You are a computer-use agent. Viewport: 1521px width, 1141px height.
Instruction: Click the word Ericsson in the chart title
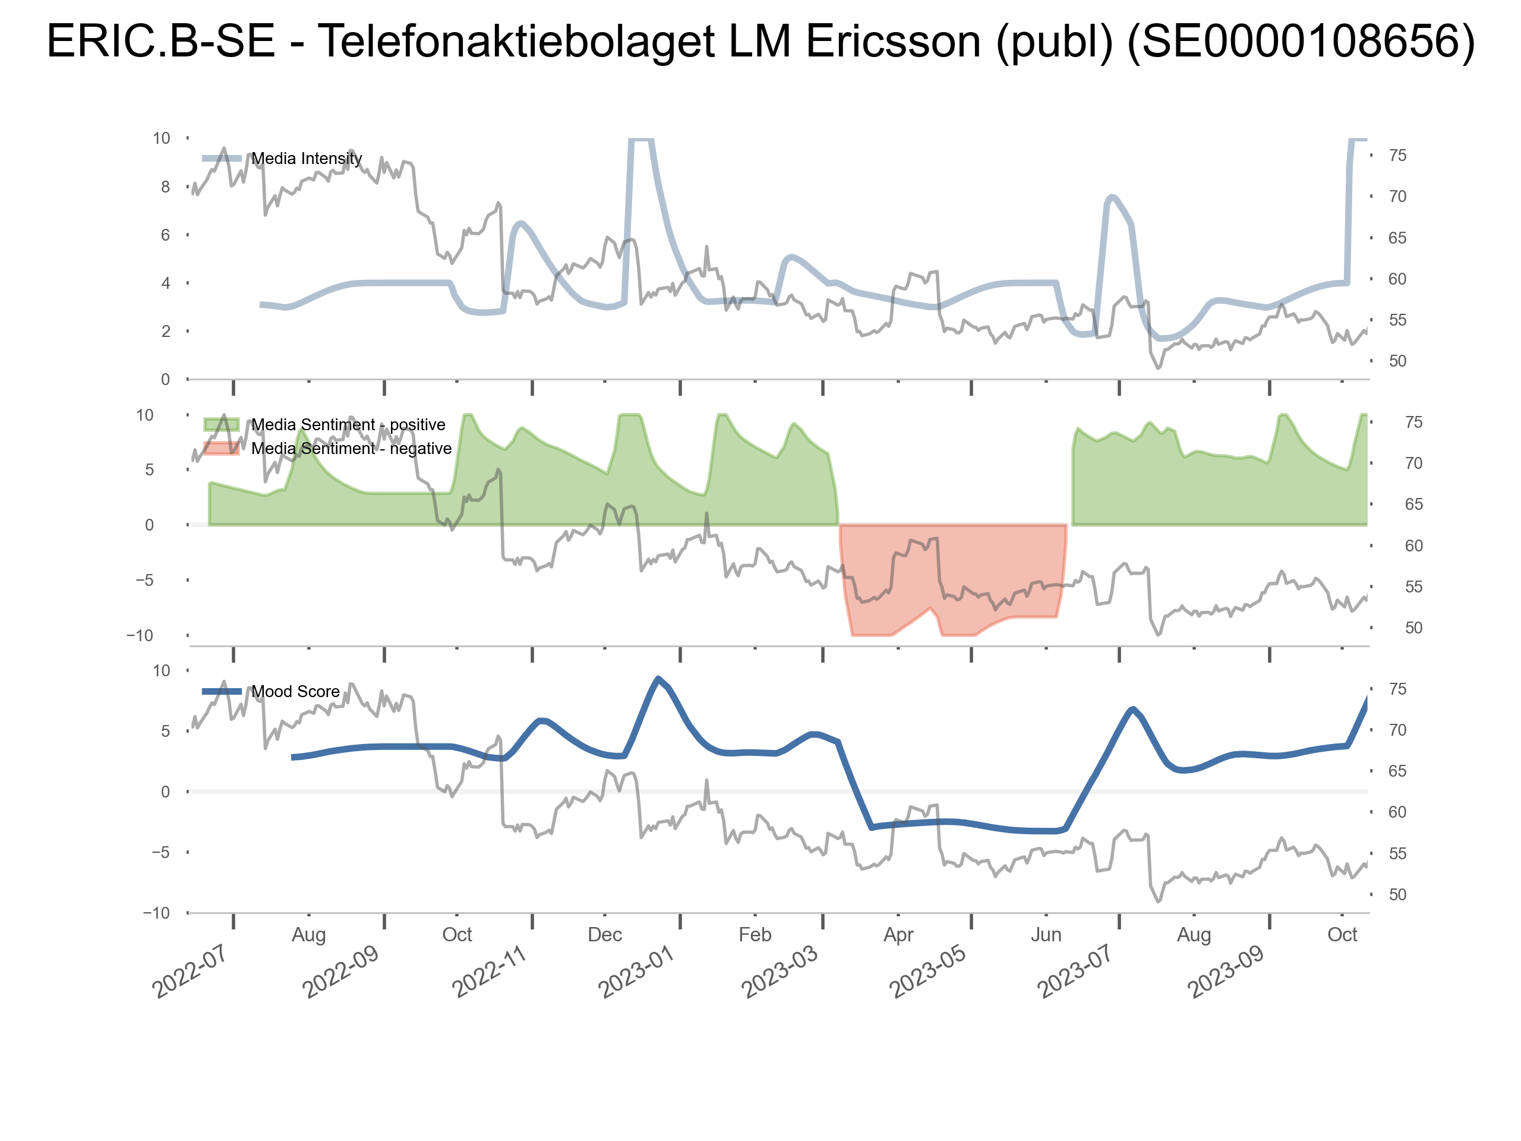tap(893, 41)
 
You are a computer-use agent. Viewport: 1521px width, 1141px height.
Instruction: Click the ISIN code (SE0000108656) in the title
tap(1301, 41)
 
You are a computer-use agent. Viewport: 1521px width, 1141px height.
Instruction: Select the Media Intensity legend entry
tap(306, 159)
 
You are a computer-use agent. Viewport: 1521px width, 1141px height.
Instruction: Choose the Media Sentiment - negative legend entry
tap(351, 449)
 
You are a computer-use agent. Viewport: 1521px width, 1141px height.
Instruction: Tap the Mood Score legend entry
tap(295, 692)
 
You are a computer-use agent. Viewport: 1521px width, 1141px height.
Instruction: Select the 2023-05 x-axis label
tap(927, 972)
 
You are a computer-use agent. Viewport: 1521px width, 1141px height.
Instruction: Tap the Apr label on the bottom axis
tap(898, 935)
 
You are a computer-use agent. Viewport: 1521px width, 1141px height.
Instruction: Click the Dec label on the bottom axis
tap(605, 935)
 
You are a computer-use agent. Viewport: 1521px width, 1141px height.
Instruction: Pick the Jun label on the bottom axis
tap(1046, 935)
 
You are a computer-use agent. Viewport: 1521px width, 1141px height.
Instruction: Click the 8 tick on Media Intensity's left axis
tap(165, 187)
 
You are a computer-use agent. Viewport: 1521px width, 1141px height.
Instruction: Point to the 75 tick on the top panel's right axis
tap(1397, 156)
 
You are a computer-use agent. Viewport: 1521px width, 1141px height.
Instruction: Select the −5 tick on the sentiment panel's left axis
tap(144, 581)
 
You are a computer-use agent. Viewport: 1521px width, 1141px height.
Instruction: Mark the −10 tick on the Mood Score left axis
tap(156, 913)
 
